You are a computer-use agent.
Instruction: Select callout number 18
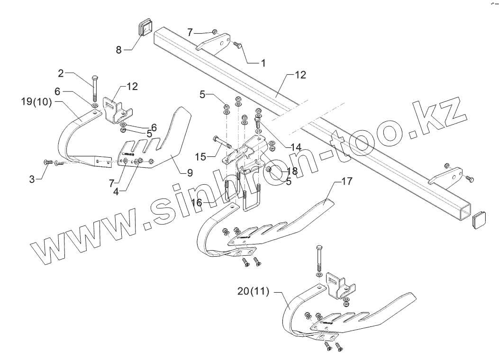point(292,172)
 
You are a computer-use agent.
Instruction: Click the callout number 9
point(190,173)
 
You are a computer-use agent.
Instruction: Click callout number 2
point(61,73)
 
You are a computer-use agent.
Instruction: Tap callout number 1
point(263,62)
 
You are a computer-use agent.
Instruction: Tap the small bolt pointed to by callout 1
point(238,45)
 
